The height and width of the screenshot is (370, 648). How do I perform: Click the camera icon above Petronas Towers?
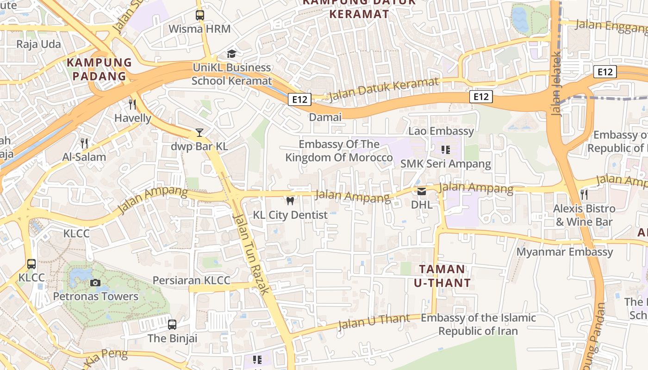point(95,283)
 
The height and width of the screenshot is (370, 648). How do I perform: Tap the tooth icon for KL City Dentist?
point(290,201)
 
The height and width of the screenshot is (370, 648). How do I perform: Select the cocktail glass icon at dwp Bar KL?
point(199,133)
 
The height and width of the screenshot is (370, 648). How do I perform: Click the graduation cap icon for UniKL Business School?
point(231,54)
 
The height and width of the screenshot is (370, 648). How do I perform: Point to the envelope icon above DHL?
point(422,191)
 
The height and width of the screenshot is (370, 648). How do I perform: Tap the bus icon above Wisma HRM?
point(199,15)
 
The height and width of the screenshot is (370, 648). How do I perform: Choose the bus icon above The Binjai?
point(172,325)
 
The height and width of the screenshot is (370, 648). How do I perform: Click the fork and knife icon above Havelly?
point(133,104)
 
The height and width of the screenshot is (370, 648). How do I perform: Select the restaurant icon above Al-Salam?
point(84,143)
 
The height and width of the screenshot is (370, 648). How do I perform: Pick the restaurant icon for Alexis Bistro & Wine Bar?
point(584,195)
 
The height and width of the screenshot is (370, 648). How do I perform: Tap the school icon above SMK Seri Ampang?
point(445,150)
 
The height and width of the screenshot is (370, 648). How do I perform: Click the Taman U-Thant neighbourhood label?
point(442,276)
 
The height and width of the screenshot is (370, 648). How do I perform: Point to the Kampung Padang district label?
point(99,69)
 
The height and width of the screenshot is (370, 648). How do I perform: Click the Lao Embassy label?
point(441,131)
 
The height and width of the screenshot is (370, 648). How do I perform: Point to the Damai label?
point(325,117)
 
